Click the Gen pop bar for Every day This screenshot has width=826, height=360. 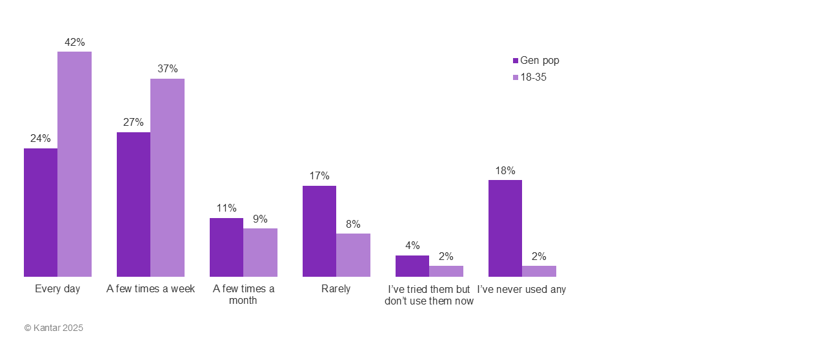pos(41,212)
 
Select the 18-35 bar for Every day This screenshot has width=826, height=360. pos(74,164)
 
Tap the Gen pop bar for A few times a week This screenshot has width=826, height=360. pos(134,205)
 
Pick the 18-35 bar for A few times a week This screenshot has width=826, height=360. pos(167,177)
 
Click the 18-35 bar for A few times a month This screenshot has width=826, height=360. pos(260,252)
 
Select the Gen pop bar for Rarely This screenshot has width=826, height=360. pos(319,231)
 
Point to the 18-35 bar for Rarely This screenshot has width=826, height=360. pos(353,255)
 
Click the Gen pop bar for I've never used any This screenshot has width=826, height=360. pos(505,228)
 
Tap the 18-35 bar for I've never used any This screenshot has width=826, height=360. pos(539,271)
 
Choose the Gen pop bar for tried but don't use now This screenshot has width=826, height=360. pos(412,266)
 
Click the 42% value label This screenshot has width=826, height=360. pos(74,43)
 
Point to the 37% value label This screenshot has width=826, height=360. pos(167,69)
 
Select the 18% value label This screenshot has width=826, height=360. pos(505,171)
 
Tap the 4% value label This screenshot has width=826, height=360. pos(412,246)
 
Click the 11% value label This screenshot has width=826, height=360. pos(227,208)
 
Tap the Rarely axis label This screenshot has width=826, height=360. pos(336,289)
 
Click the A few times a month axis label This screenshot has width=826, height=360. pos(243,295)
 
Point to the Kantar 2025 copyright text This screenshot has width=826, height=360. pos(54,328)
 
